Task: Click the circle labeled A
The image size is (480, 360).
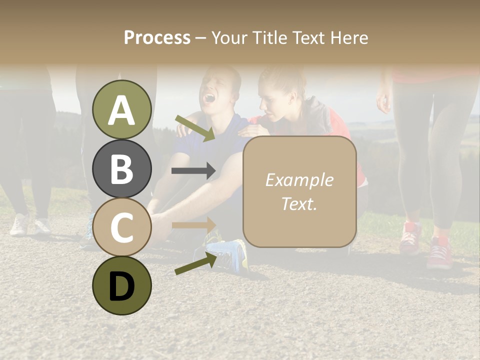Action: click(122, 109)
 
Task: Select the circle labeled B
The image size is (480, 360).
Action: click(122, 168)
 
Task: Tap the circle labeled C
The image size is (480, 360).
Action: click(122, 227)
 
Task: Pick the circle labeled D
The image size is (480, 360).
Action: click(122, 285)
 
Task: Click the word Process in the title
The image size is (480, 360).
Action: click(157, 37)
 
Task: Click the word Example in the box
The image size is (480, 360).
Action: click(299, 180)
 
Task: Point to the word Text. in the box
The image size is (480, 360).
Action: click(299, 203)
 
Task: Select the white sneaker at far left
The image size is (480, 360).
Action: click(19, 224)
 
